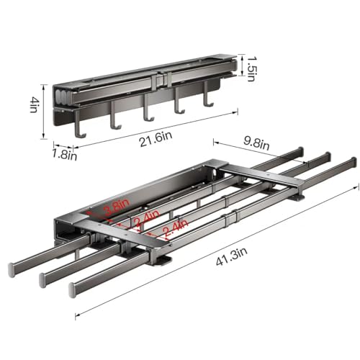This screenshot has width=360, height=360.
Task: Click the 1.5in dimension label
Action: [251, 68]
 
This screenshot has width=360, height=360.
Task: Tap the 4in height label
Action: [35, 105]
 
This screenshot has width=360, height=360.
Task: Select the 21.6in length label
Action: [156, 139]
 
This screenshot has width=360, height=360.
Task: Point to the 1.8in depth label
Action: [65, 154]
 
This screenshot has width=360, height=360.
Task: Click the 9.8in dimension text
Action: [256, 143]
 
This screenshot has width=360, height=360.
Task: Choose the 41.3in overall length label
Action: [232, 256]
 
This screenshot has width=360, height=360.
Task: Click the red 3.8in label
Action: [117, 207]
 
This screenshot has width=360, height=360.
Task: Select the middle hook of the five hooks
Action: [148, 108]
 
